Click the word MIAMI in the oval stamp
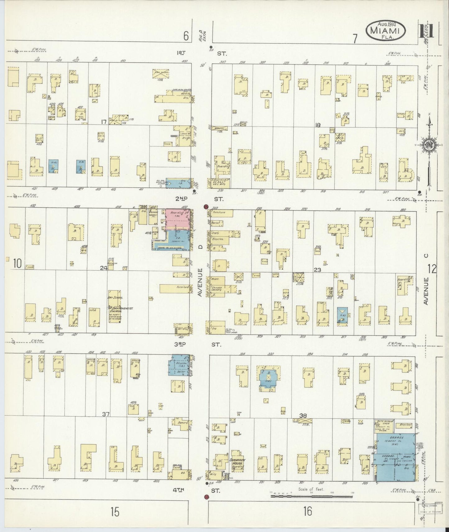[387, 30]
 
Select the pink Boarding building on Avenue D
[177, 219]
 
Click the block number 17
[104, 122]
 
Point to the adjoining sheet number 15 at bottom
[115, 512]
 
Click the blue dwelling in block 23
[342, 316]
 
